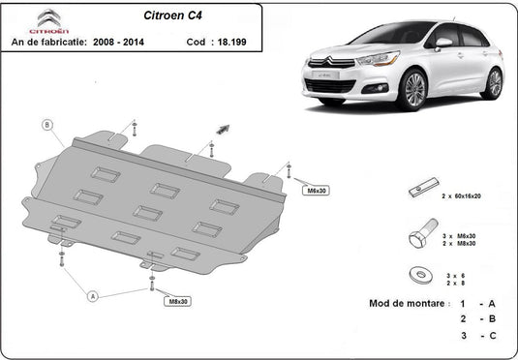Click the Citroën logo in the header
click(48, 21)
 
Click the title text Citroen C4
click(172, 15)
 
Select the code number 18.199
click(232, 42)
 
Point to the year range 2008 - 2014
click(118, 42)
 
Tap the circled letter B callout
click(47, 125)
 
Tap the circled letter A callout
click(93, 296)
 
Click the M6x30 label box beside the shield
click(317, 191)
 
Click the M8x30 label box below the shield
click(178, 301)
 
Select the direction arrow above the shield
click(223, 129)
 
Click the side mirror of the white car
click(443, 43)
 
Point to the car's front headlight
click(379, 59)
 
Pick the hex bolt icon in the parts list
click(423, 233)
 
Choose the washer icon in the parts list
click(421, 275)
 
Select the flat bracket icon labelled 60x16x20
click(423, 188)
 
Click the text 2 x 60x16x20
click(462, 196)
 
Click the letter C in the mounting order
click(493, 336)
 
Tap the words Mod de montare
click(407, 303)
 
